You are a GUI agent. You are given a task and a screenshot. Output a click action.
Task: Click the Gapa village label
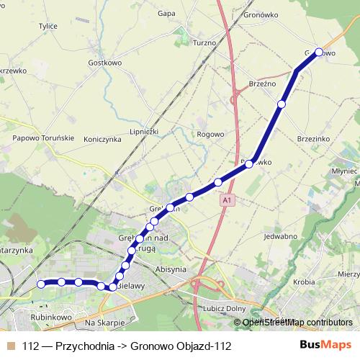[167, 13]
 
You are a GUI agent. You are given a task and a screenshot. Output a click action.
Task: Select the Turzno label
[205, 44]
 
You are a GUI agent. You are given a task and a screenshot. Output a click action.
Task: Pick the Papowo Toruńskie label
[40, 138]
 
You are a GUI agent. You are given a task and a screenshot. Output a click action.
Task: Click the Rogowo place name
[210, 134]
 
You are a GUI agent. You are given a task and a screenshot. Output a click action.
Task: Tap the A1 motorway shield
[228, 199]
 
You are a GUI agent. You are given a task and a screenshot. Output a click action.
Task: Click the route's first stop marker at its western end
[41, 284]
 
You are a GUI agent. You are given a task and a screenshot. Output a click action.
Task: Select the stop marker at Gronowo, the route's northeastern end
[319, 52]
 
